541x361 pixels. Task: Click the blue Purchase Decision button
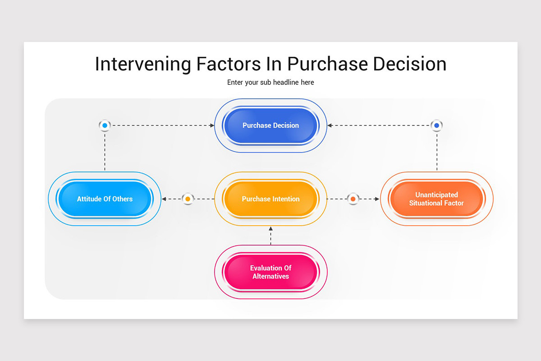tap(270, 125)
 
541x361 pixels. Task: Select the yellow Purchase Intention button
tap(270, 199)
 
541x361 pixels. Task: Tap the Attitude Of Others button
tap(105, 199)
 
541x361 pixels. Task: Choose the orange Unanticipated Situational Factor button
tap(436, 199)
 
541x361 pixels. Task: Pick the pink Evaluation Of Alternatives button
tap(270, 272)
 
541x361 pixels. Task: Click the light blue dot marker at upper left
tap(105, 125)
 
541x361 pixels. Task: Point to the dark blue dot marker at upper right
tap(436, 125)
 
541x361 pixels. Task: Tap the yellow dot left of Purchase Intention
tap(188, 199)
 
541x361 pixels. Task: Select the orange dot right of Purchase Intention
tap(353, 199)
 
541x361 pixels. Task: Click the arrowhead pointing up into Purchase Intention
tap(270, 229)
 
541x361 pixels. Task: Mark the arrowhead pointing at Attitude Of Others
tap(165, 199)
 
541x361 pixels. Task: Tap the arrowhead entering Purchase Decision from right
tap(330, 125)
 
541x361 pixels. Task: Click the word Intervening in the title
tap(143, 64)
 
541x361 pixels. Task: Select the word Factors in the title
tap(228, 64)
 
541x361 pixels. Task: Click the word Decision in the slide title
tap(409, 64)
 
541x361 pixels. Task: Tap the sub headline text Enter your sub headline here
tap(270, 83)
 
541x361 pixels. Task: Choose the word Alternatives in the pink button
tap(270, 276)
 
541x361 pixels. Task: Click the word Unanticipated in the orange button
tap(436, 195)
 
